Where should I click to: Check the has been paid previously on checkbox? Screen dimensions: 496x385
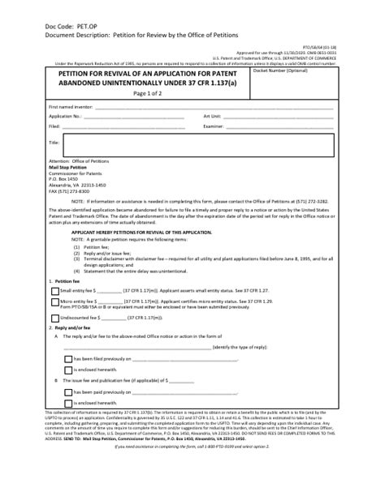click(67, 391)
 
